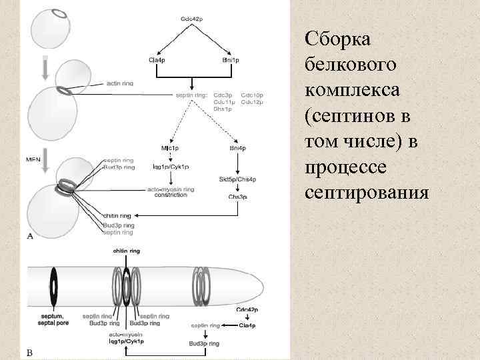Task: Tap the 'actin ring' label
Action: coord(119,83)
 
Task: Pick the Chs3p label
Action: coord(238,197)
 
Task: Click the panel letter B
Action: coord(29,351)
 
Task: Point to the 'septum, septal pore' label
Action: coord(51,319)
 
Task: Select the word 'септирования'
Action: coord(365,193)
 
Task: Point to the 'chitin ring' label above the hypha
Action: coord(126,251)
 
